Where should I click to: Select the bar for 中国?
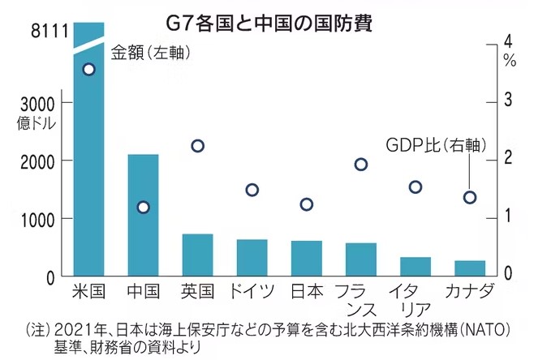pos(143,215)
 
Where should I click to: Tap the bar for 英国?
pos(197,255)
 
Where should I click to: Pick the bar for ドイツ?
pos(252,257)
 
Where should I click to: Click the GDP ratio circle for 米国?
pos(89,69)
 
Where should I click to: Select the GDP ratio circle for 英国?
pos(197,146)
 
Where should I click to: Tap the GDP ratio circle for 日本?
pos(306,204)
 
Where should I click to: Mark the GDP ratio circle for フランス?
pos(361,165)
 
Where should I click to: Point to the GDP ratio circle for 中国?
pos(144,207)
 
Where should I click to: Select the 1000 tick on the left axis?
pos(39,219)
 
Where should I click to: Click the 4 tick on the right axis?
pos(508,41)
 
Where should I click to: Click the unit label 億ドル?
pos(36,123)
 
